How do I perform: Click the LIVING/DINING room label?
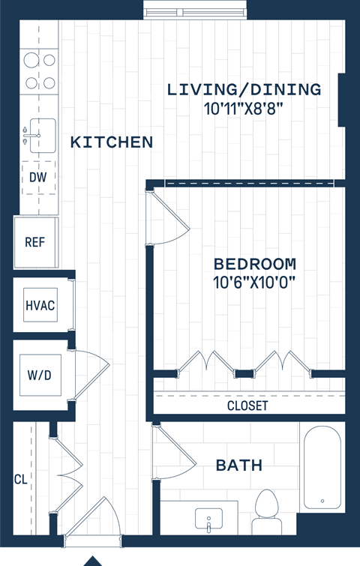coord(244,90)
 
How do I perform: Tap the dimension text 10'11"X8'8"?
coord(243,109)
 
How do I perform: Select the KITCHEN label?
coord(112,142)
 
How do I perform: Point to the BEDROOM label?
coord(254,264)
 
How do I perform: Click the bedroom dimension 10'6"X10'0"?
coord(254,283)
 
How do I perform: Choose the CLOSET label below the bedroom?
coord(247,406)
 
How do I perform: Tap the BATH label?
coord(239,466)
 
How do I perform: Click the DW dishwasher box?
coord(38,178)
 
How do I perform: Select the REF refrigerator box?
coord(35,242)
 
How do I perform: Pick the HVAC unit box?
coord(40,305)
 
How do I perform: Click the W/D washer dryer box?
coord(38,375)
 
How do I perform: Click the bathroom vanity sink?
coord(208,519)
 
